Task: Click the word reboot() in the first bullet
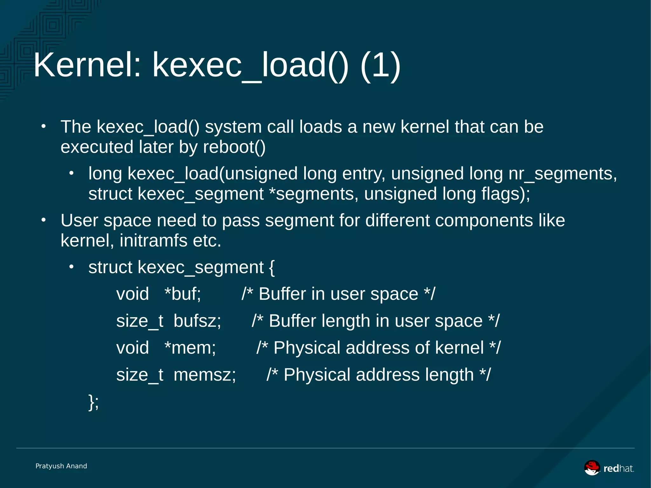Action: pos(234,147)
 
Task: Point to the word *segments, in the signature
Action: pos(313,194)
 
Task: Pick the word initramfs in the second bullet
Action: pos(153,241)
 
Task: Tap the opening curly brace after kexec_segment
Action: pos(271,267)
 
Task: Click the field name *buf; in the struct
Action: pos(183,294)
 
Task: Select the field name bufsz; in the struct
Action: pos(197,321)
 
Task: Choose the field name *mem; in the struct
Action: pos(190,348)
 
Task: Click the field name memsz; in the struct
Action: pos(205,375)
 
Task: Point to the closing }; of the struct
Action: pos(93,402)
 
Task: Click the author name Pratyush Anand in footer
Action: pos(61,466)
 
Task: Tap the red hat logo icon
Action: pos(592,468)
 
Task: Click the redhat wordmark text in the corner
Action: pos(618,469)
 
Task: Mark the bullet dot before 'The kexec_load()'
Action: pos(44,127)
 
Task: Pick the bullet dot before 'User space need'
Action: pos(44,220)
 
